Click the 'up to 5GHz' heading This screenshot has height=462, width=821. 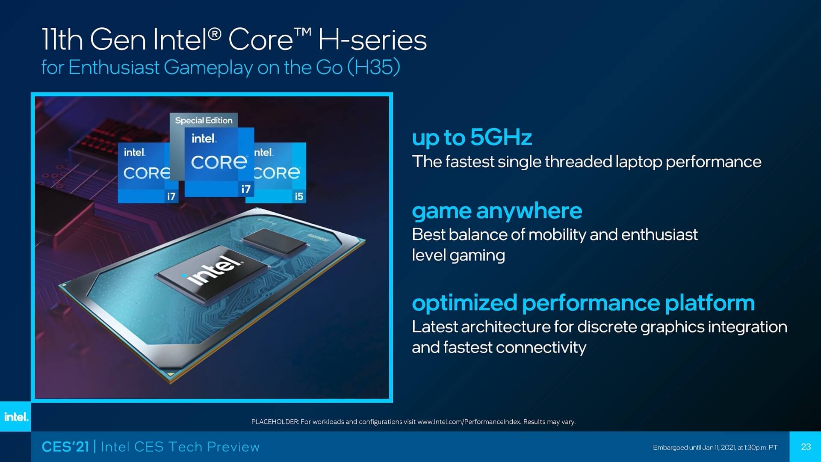click(x=472, y=138)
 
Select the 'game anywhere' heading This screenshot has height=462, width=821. click(x=497, y=211)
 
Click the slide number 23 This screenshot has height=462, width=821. click(x=806, y=447)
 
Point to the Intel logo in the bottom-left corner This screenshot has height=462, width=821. click(x=16, y=417)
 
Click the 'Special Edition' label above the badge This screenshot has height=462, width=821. click(x=204, y=121)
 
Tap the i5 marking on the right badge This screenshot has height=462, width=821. click(x=298, y=196)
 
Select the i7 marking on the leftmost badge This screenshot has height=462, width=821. click(x=171, y=196)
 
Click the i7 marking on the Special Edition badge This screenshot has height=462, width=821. click(x=246, y=189)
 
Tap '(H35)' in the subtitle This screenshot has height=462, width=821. click(x=374, y=68)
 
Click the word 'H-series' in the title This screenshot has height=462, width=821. click(x=372, y=40)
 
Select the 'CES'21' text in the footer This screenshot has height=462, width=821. click(x=65, y=447)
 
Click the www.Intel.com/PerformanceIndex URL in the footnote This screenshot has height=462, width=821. click(x=469, y=422)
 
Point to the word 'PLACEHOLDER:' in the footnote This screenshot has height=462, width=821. click(x=275, y=422)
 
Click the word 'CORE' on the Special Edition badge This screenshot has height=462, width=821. click(x=219, y=162)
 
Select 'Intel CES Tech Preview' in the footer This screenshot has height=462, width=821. click(x=180, y=447)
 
